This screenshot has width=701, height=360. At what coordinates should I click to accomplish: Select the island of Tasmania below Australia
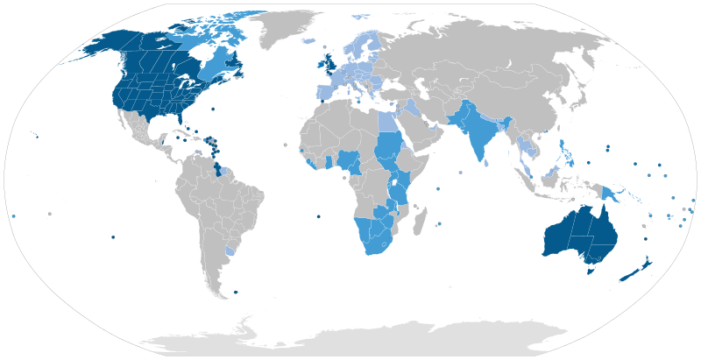(591, 271)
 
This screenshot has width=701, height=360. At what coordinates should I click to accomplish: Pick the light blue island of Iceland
(307, 40)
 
